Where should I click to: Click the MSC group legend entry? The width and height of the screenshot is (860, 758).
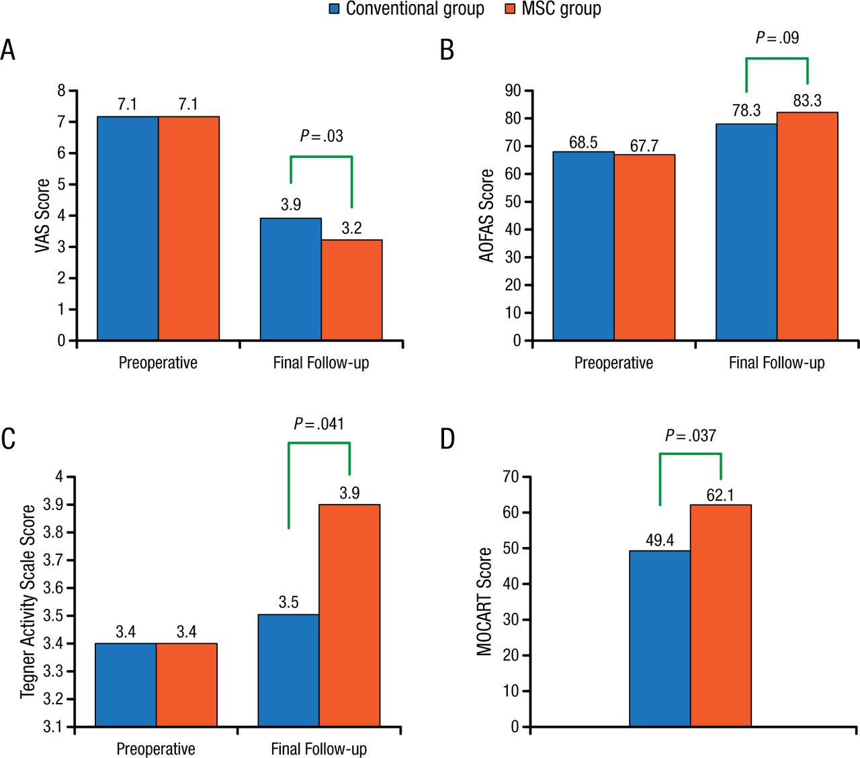coord(553,9)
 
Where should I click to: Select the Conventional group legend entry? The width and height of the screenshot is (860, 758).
coord(407,9)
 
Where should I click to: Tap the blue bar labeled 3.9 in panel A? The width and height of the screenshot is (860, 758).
coord(290,279)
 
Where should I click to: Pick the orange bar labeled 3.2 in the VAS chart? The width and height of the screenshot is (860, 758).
coord(351,290)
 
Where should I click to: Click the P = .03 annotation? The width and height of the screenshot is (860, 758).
coord(321,136)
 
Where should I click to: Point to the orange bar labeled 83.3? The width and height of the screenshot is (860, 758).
coord(807,226)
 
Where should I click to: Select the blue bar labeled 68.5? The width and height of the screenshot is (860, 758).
coord(583,246)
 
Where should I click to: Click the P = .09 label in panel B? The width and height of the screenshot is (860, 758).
coord(777,38)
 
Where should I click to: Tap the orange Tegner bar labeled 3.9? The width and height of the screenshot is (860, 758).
coord(349,615)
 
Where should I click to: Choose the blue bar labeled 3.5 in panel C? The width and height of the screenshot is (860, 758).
coord(288,670)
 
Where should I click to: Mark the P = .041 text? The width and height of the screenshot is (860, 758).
coord(319,424)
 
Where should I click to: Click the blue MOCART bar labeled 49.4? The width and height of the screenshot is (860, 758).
coord(660,638)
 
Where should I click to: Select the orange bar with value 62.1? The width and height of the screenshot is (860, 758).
coord(720,616)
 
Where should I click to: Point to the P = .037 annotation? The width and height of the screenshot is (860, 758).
coord(691,435)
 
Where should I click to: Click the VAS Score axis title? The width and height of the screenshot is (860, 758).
coord(42,216)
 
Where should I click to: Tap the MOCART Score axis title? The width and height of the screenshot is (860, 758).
coord(484,601)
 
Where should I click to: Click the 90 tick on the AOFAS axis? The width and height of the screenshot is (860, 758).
coord(513,91)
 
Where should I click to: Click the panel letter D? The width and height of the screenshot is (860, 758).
coord(447,439)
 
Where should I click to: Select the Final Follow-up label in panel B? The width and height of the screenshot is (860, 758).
coord(777,363)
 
